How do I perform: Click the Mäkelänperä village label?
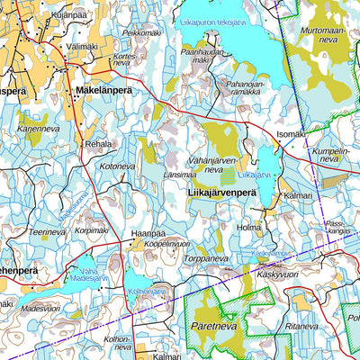pyautogui.click(x=104, y=93)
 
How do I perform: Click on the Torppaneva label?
pyautogui.click(x=206, y=258)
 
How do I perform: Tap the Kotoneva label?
pyautogui.click(x=117, y=166)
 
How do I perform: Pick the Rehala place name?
pyautogui.click(x=98, y=144)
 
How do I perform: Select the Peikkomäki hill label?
pyautogui.click(x=141, y=33)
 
